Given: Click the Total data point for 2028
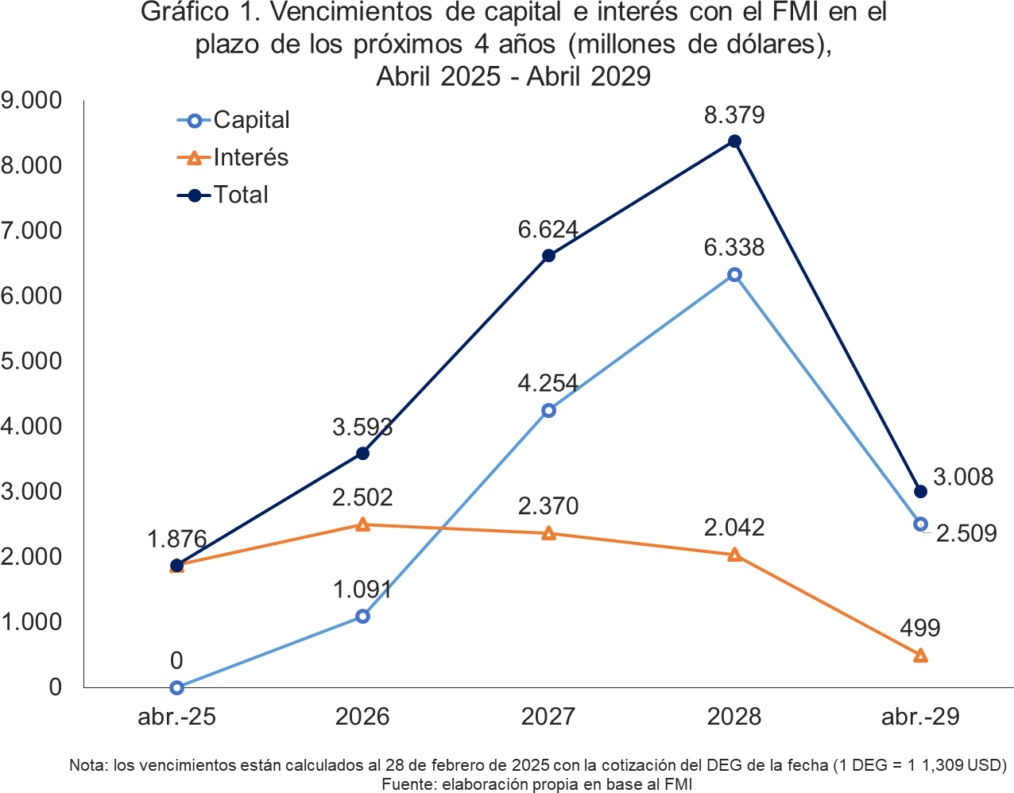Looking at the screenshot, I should [x=734, y=141].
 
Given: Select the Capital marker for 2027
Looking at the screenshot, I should [x=548, y=410].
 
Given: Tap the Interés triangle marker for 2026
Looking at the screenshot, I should [x=362, y=524].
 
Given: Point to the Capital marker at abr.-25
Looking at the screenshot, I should [x=176, y=687].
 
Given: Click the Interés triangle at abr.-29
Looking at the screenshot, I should [x=920, y=656].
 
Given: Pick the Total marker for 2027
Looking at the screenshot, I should [x=548, y=256].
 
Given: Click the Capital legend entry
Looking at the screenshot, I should [x=234, y=120].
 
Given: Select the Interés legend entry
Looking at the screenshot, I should [x=233, y=157].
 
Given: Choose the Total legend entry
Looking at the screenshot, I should [x=223, y=195].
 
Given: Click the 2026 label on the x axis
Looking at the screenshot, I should [x=362, y=717].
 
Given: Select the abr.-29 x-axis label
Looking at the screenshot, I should [x=920, y=717].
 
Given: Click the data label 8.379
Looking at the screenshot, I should [x=734, y=115].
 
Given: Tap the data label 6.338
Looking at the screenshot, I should [x=734, y=247].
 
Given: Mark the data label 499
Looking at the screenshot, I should [x=920, y=629].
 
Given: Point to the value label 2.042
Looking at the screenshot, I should [x=734, y=528].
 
